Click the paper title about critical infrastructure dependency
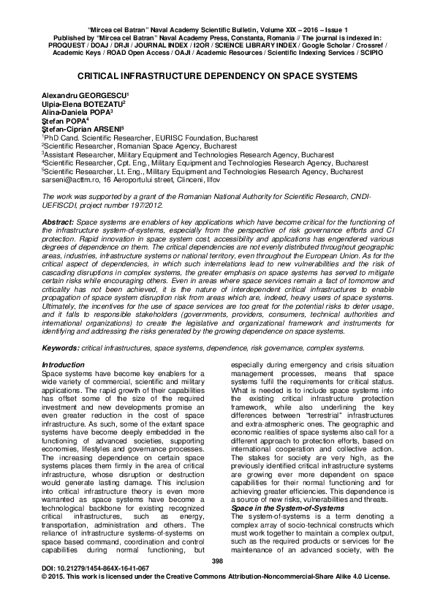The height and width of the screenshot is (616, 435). (x=217, y=75)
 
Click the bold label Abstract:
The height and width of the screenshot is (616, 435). (x=58, y=221)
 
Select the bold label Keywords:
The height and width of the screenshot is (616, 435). (x=61, y=349)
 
